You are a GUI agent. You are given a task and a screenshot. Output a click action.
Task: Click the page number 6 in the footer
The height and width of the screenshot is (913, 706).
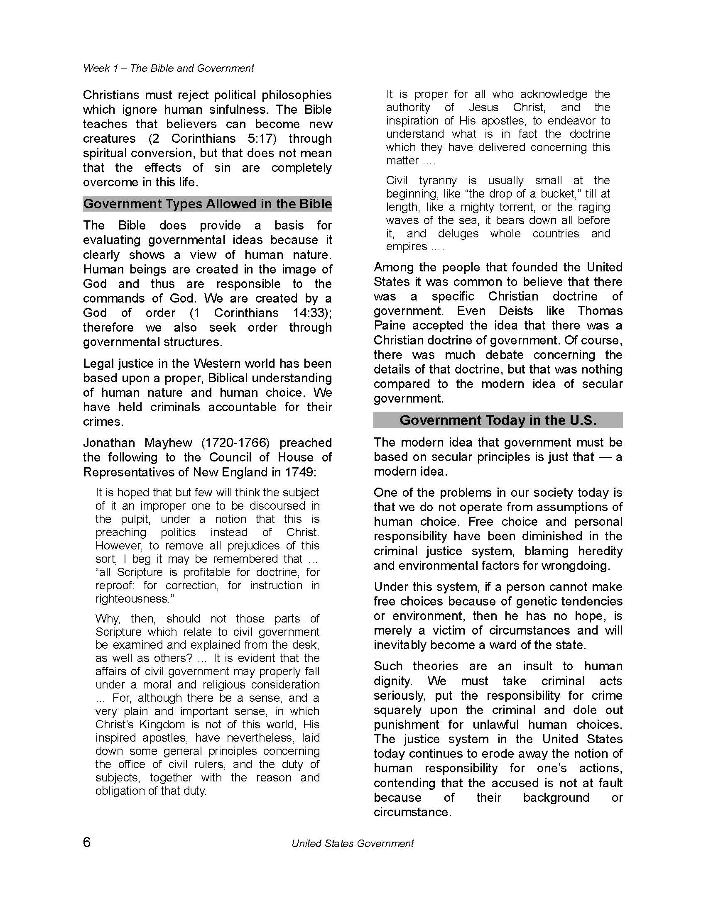(x=86, y=842)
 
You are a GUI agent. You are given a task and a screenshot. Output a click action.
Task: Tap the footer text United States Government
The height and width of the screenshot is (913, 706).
(x=353, y=844)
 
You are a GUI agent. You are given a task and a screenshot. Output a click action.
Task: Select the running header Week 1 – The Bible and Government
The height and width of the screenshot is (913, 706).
(x=169, y=68)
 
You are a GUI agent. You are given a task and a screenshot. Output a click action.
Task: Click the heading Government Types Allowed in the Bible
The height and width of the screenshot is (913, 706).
(x=208, y=204)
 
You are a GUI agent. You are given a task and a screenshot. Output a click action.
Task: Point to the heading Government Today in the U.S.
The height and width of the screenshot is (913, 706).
(x=498, y=420)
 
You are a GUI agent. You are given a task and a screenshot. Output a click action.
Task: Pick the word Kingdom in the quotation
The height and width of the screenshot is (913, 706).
(x=162, y=724)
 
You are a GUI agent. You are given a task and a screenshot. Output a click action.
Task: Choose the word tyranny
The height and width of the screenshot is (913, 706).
(x=437, y=180)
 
